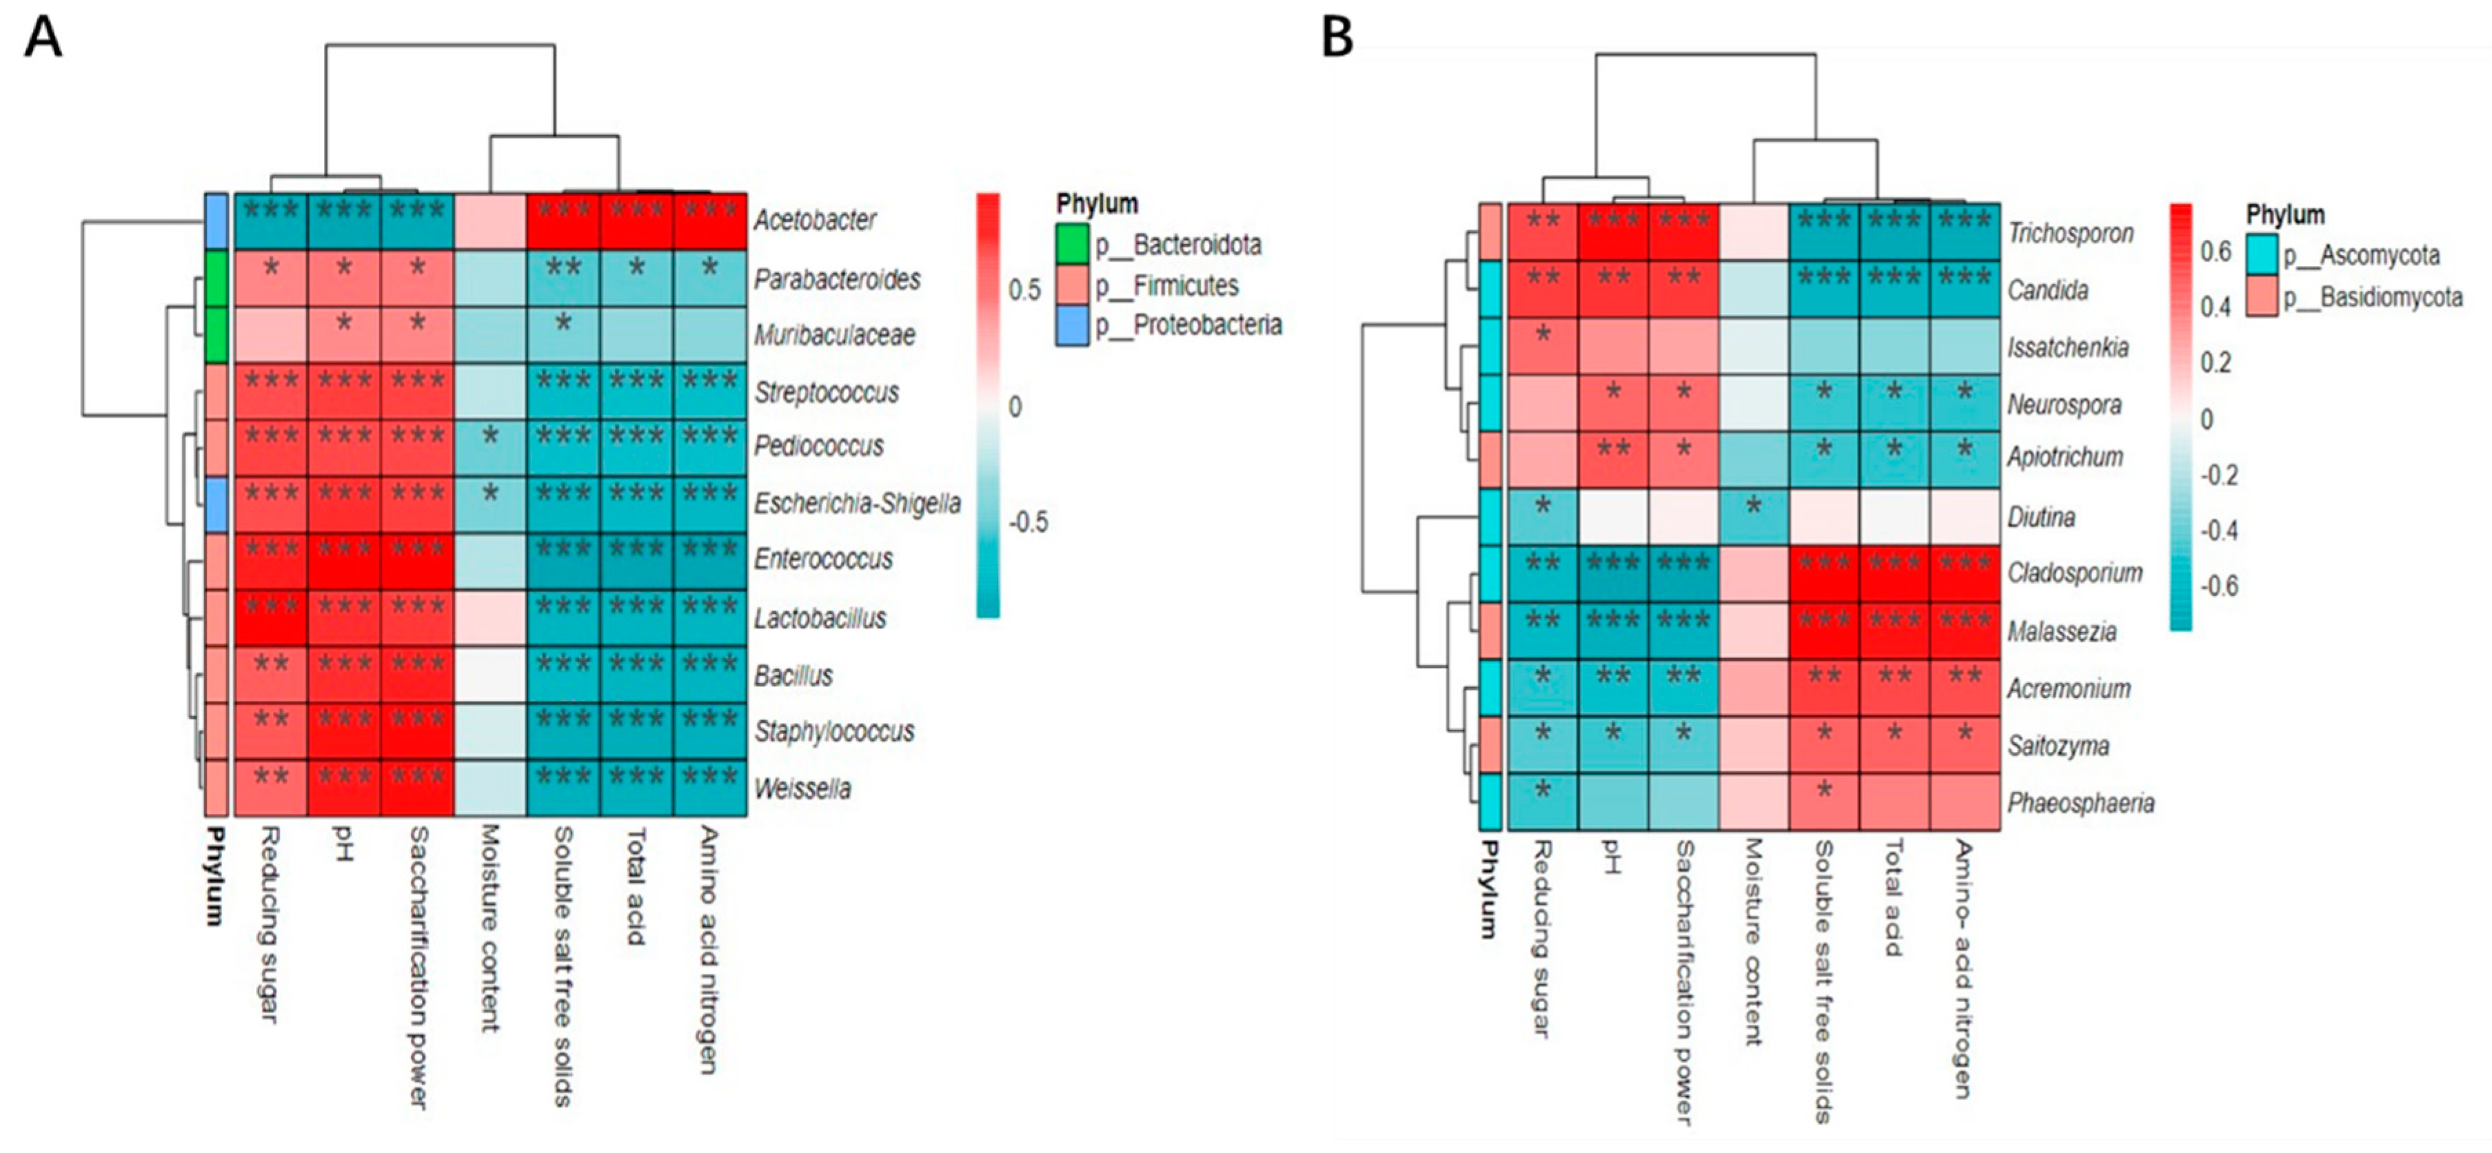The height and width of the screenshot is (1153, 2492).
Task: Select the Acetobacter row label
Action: [x=815, y=221]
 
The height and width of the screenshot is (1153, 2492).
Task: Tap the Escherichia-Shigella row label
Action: [x=857, y=503]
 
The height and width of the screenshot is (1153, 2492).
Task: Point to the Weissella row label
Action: [x=802, y=788]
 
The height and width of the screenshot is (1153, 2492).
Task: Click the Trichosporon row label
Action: [x=2070, y=233]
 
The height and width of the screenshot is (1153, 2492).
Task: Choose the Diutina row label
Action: [x=2040, y=518]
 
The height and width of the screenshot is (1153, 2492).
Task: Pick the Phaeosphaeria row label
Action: [x=2080, y=803]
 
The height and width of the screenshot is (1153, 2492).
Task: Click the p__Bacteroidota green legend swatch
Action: [x=1073, y=245]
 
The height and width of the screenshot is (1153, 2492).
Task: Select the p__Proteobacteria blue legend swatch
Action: [x=1073, y=326]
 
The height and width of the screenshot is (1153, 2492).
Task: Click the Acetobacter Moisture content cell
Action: [x=490, y=221]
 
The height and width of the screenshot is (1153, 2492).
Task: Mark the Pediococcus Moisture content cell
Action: [x=490, y=447]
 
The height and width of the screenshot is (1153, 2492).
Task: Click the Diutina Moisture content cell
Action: [x=1754, y=518]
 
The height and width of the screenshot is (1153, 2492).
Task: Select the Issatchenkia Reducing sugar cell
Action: [x=1542, y=346]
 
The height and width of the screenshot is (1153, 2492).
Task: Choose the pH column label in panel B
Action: [x=1611, y=857]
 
